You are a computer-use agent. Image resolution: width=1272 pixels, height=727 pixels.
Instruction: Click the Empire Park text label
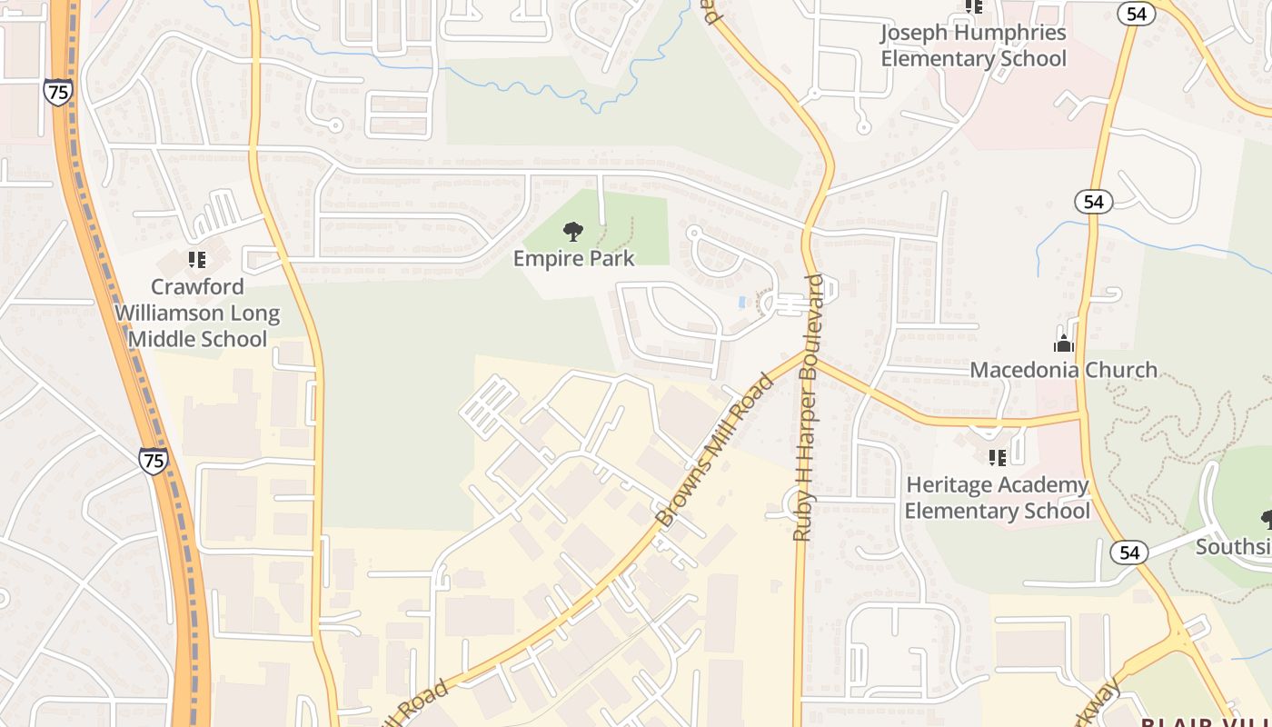(x=573, y=259)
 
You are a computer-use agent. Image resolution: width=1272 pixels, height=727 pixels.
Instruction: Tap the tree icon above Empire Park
(x=573, y=233)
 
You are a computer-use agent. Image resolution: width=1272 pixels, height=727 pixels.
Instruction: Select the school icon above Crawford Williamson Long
(x=197, y=260)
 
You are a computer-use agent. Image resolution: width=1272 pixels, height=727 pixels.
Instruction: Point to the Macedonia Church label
(x=1063, y=370)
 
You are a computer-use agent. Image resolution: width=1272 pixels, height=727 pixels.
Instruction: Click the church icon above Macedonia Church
(x=1063, y=344)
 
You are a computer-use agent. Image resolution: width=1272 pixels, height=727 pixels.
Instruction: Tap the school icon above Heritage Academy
(x=997, y=457)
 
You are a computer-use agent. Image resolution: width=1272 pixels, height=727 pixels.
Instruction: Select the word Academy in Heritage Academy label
(x=1040, y=485)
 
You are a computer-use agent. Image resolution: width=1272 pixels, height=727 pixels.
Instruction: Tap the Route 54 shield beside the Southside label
(x=1128, y=552)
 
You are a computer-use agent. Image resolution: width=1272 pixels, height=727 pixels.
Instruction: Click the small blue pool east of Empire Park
(x=743, y=302)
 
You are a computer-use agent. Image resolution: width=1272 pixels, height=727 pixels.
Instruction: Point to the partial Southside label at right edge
(x=1233, y=547)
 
